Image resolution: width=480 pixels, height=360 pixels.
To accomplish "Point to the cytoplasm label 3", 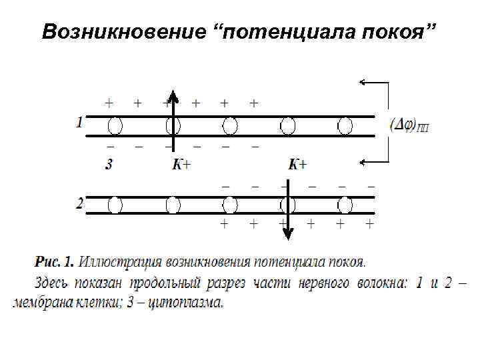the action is pyautogui.click(x=109, y=165).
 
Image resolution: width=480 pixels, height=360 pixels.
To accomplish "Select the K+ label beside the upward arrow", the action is pyautogui.click(x=181, y=165).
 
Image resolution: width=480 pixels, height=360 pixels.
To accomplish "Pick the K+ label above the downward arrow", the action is pyautogui.click(x=297, y=165).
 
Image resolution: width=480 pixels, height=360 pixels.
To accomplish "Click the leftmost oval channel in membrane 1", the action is pyautogui.click(x=115, y=125).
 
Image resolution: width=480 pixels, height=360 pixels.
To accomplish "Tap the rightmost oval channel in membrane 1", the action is pyautogui.click(x=345, y=125).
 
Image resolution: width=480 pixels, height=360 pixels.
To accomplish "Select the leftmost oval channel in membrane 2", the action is pyautogui.click(x=115, y=205).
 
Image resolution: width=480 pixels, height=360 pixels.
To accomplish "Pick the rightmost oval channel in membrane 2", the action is pyautogui.click(x=345, y=205).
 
